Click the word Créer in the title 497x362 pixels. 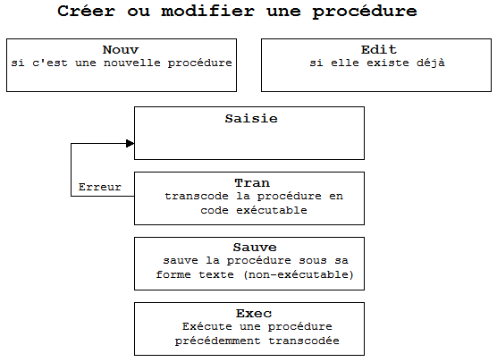[x=86, y=11]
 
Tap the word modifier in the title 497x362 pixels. [x=208, y=11]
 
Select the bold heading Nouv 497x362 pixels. [x=121, y=49]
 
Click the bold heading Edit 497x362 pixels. [x=378, y=49]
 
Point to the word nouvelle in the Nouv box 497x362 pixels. [x=132, y=63]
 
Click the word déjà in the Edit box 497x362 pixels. [x=431, y=63]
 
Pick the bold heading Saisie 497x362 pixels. [x=251, y=119]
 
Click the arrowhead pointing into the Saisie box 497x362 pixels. [x=130, y=144]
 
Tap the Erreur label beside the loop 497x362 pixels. [x=100, y=187]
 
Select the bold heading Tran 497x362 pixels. [x=252, y=183]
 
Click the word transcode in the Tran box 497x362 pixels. [x=196, y=197]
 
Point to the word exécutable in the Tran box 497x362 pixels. [x=272, y=210]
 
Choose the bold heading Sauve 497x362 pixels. [x=255, y=248]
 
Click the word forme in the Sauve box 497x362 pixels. [x=173, y=274]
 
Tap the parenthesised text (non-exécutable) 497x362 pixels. [x=299, y=274]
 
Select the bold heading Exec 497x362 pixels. [x=254, y=314]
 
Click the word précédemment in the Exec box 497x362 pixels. [x=218, y=341]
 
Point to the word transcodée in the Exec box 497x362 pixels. [x=304, y=341]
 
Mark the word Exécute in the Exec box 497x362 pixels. [x=206, y=326]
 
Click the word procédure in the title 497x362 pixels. [x=365, y=12]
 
